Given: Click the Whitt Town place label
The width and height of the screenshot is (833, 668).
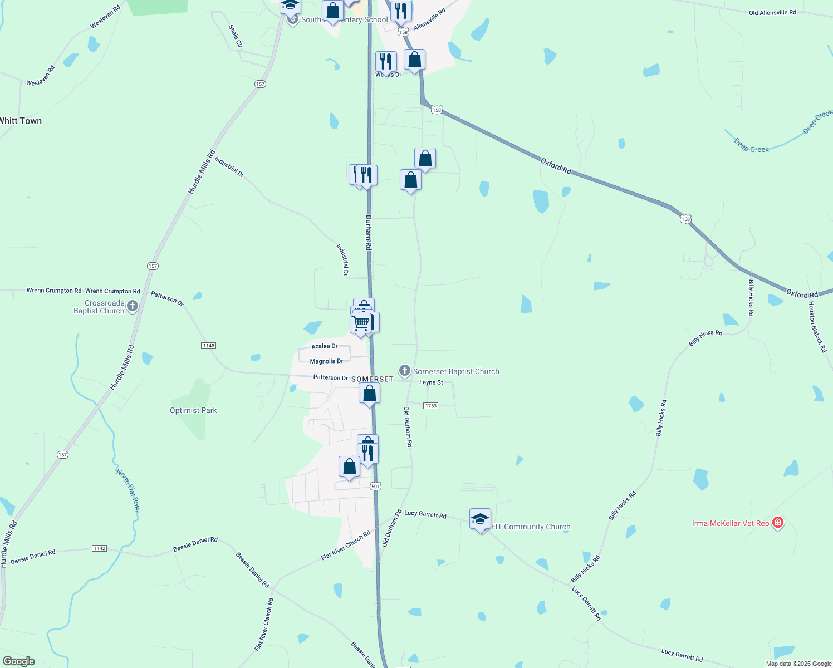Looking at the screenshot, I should [x=21, y=121].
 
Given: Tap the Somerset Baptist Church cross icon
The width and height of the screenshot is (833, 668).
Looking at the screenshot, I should [x=405, y=371].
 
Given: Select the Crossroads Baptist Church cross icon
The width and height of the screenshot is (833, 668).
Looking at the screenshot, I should [x=133, y=306].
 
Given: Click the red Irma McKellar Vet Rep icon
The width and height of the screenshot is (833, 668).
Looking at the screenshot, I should [x=778, y=523].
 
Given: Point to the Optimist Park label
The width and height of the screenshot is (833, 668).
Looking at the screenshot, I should [x=193, y=410].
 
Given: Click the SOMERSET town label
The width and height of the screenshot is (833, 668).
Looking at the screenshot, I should [x=372, y=379].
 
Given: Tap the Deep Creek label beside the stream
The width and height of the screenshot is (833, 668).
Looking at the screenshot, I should [x=751, y=146].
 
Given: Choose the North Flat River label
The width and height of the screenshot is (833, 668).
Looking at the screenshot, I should [x=128, y=490].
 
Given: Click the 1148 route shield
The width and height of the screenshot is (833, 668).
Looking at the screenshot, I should [x=208, y=346].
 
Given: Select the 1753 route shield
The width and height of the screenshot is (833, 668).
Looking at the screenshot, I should [x=430, y=406].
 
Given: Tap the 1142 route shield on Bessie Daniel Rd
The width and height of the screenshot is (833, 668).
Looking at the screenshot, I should [x=99, y=548].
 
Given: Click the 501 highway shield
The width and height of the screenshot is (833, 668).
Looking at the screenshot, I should [x=375, y=486].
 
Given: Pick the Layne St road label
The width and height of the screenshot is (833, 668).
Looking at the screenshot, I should [x=431, y=382].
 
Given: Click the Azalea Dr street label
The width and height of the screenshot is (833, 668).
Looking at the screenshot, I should [x=324, y=346].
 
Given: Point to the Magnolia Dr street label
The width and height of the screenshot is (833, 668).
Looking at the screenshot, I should [x=326, y=361].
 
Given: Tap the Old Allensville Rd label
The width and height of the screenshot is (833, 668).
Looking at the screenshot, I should [x=772, y=12].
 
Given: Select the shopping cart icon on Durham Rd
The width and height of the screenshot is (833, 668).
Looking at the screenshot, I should [x=361, y=323].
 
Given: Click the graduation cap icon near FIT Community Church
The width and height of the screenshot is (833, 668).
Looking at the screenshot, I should [x=480, y=519].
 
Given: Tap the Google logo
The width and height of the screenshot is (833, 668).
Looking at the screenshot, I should [x=19, y=661].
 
